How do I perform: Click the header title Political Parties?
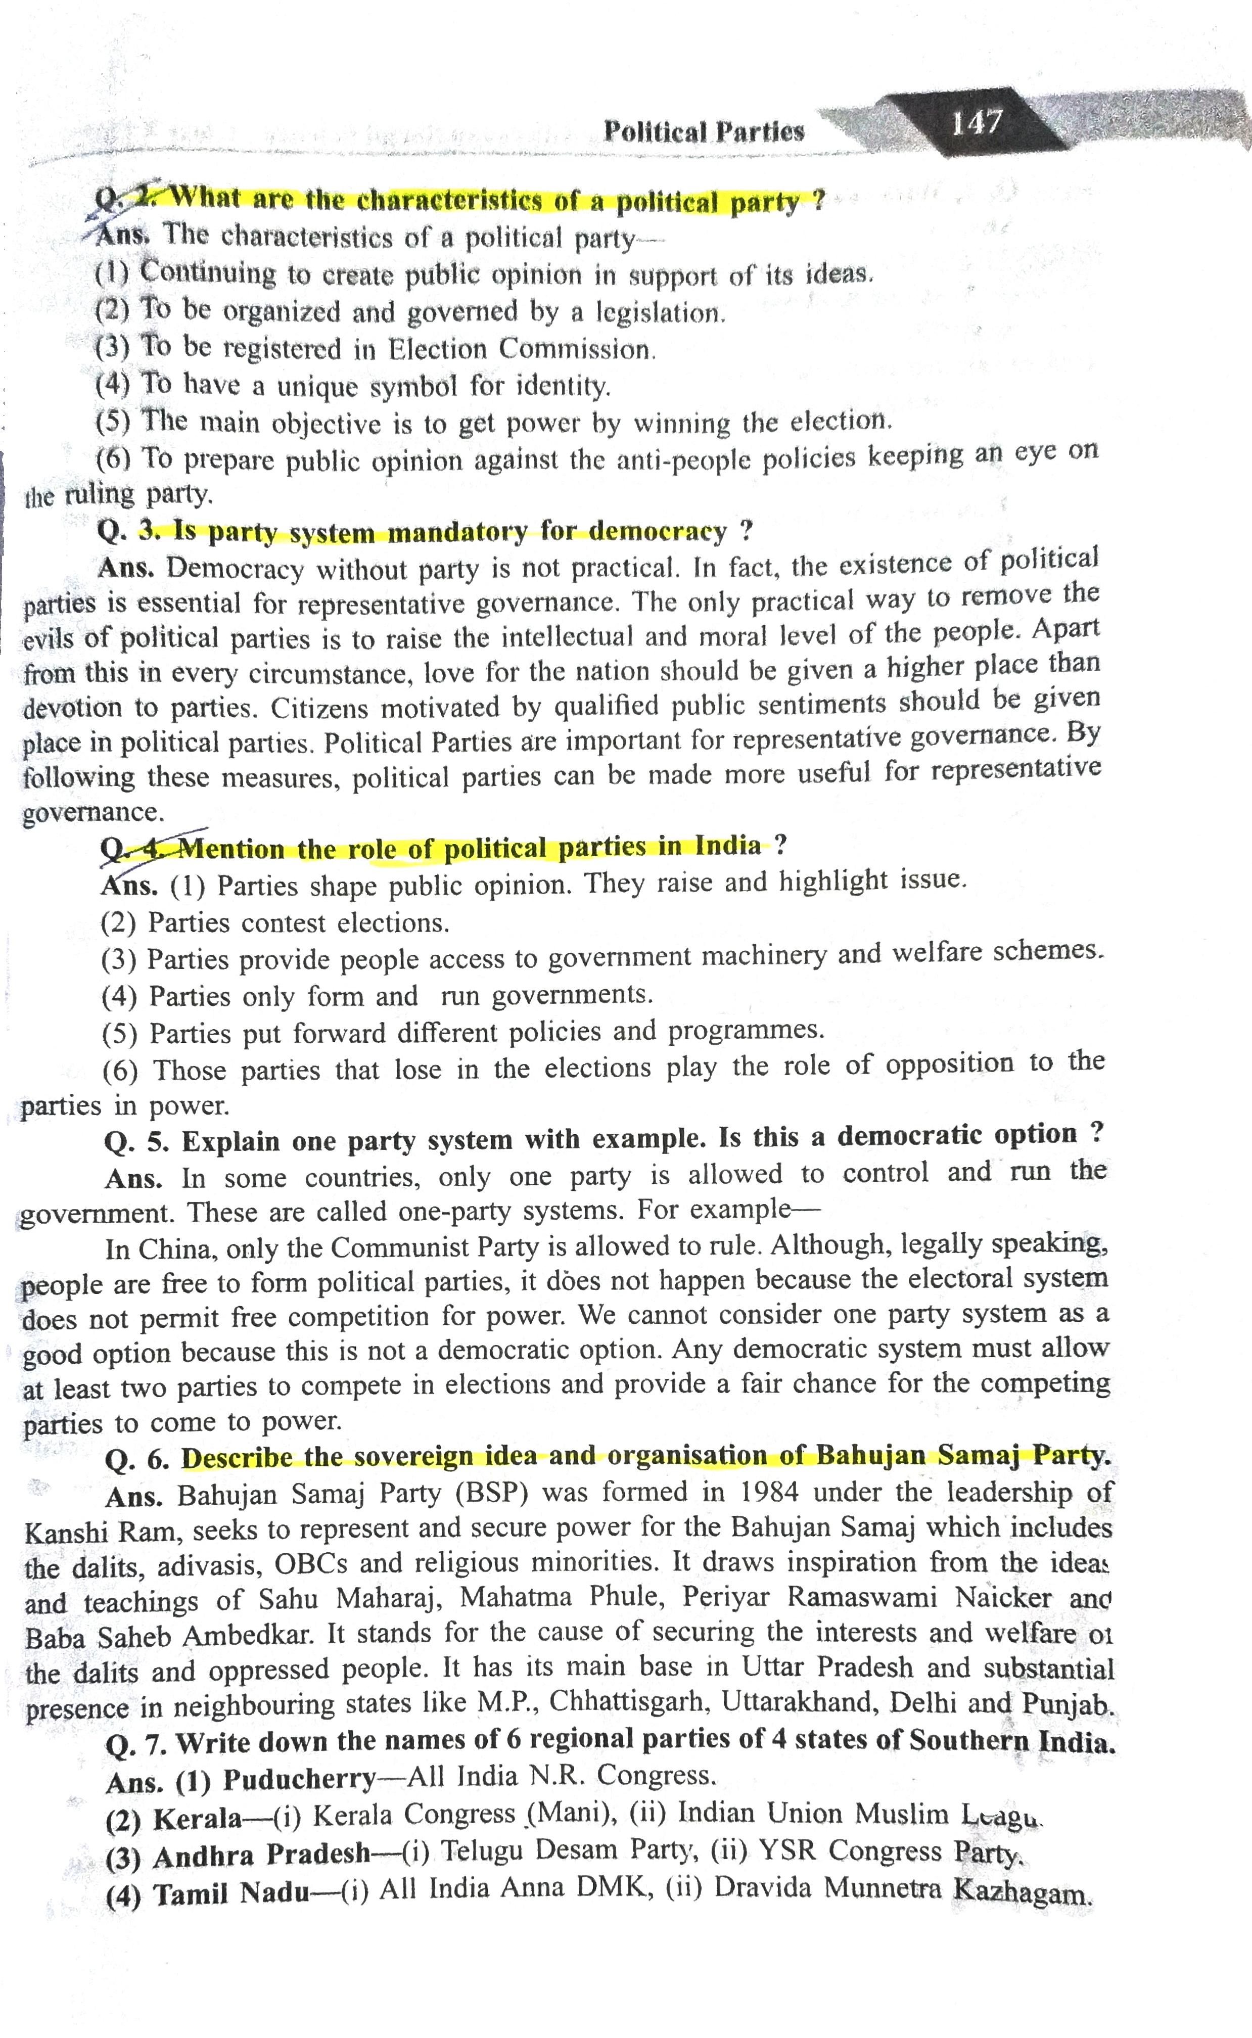pos(703,131)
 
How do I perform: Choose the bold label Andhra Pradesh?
pos(261,1854)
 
